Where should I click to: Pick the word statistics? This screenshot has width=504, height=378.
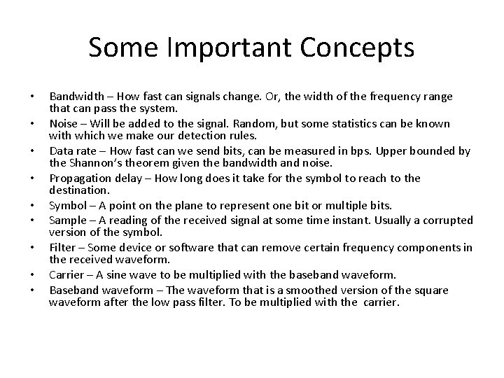pyautogui.click(x=379, y=124)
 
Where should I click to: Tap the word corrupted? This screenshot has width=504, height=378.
pyautogui.click(x=447, y=220)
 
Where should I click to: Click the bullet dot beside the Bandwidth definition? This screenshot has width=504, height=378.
pyautogui.click(x=31, y=96)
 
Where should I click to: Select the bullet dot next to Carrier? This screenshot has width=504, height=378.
pyautogui.click(x=31, y=274)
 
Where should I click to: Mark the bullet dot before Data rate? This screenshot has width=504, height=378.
pyautogui.click(x=31, y=151)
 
